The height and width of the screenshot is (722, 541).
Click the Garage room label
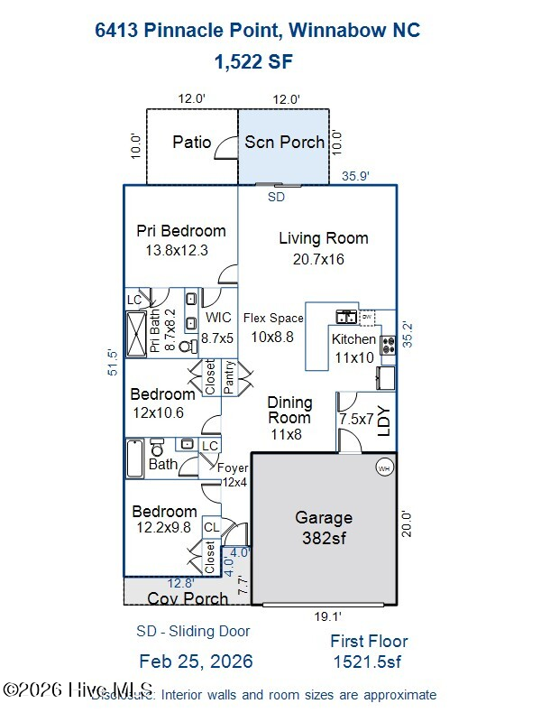pos(324,518)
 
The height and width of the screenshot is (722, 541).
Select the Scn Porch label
pos(284,143)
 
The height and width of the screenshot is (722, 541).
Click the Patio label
pos(191,143)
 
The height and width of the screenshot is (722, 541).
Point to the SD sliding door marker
pos(276,196)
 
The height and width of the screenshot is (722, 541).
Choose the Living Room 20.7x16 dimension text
pos(318,259)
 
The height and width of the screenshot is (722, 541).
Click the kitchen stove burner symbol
pos(389,344)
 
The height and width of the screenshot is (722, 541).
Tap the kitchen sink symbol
pos(346,318)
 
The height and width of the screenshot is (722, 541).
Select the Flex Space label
pos(273,318)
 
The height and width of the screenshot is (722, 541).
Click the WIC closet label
pos(218,318)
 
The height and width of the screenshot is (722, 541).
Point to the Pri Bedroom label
pos(180,230)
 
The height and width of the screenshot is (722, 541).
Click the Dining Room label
pos(289,410)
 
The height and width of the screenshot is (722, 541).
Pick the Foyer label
pos(232,467)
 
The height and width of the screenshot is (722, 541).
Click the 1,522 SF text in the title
pos(252,61)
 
